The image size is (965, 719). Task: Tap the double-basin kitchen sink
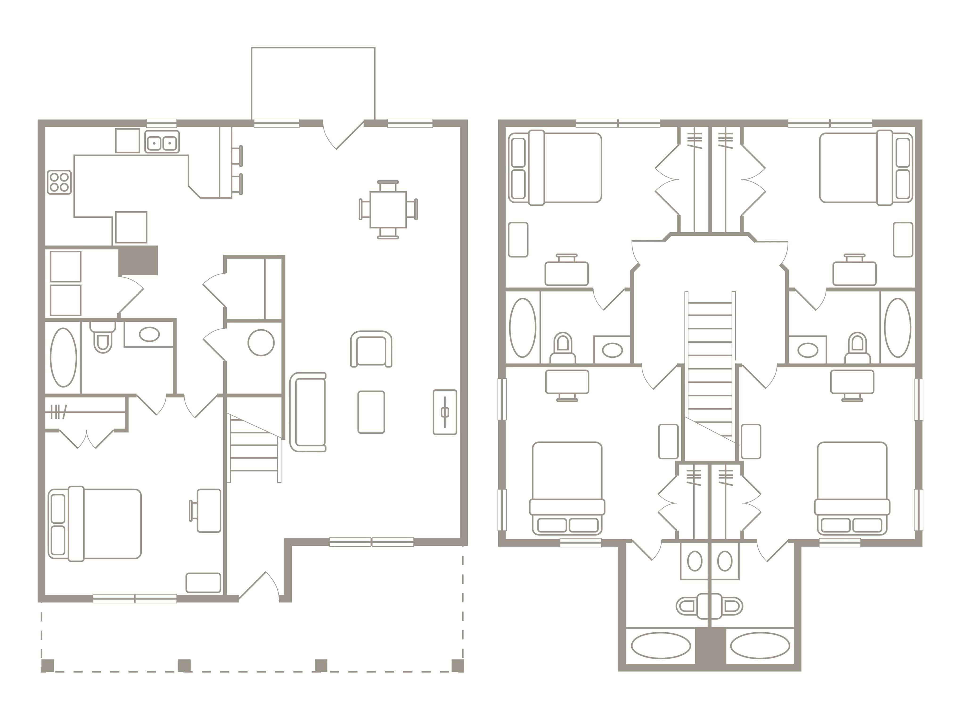162,142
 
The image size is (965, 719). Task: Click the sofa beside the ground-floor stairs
308,412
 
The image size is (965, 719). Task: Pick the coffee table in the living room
371,412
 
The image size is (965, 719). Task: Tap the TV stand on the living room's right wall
445,412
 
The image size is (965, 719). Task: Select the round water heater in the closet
261,342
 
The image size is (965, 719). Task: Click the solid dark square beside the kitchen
138,260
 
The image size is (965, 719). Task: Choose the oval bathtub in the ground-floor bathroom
64,357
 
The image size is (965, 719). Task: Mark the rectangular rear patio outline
313,83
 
